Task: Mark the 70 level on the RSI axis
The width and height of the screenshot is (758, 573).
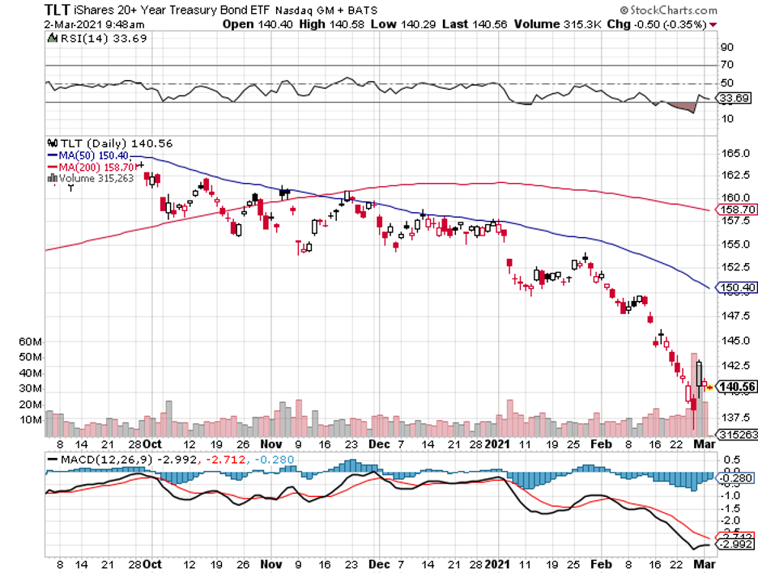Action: tap(726, 65)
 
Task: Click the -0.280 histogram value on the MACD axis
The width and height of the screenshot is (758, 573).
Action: tap(736, 477)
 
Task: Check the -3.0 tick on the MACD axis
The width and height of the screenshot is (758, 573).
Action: tap(732, 556)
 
